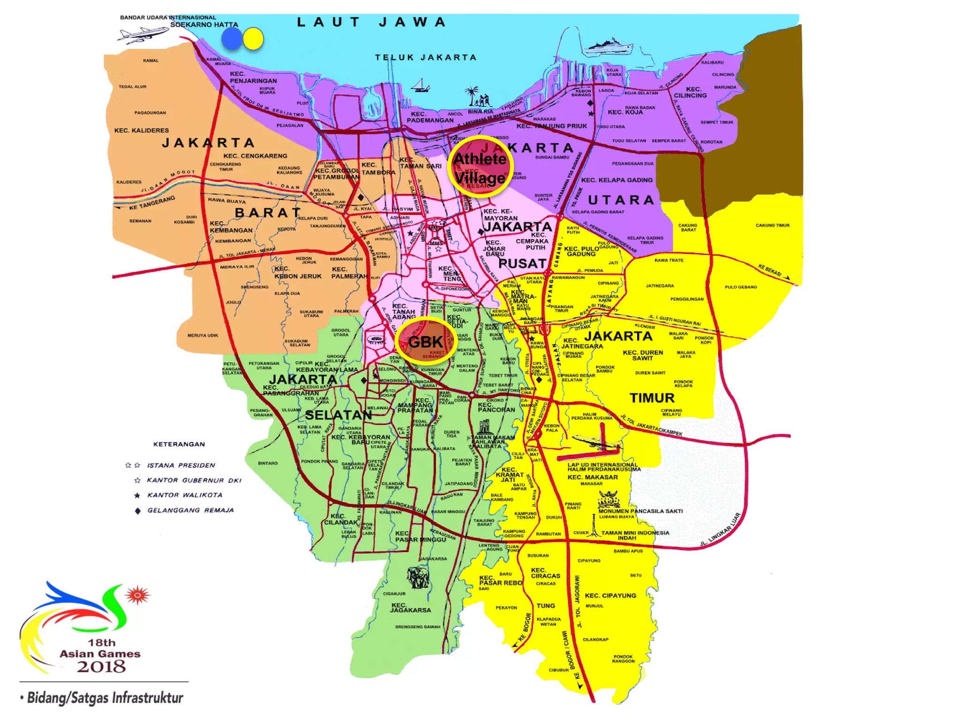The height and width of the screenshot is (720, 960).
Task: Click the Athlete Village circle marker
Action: click(x=480, y=167)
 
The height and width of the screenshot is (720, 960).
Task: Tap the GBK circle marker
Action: click(x=426, y=342)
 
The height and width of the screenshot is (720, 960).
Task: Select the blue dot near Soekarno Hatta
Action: click(x=232, y=38)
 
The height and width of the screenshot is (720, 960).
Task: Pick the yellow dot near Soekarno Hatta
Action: click(x=253, y=39)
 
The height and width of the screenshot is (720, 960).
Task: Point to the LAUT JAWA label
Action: click(x=371, y=22)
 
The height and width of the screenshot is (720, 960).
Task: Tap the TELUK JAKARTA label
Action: click(x=425, y=58)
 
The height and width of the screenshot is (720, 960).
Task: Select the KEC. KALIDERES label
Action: click(x=142, y=130)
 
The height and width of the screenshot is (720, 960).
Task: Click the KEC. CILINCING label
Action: click(x=690, y=92)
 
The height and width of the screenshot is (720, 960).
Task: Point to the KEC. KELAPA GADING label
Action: click(x=616, y=180)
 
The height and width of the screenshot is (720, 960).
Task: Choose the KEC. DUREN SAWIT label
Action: click(x=643, y=355)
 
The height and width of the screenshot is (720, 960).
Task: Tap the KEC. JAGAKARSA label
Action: click(x=411, y=607)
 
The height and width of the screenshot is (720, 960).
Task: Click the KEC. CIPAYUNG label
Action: click(x=610, y=596)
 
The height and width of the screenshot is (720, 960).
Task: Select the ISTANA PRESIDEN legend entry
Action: click(x=181, y=465)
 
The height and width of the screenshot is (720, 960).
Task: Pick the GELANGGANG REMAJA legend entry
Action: click(x=190, y=510)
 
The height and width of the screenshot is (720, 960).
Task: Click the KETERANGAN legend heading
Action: click(x=179, y=444)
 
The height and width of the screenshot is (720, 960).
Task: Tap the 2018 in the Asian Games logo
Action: click(x=101, y=667)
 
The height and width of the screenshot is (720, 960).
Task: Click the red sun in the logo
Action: click(x=137, y=595)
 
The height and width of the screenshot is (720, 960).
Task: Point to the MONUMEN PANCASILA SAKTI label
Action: click(x=640, y=511)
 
